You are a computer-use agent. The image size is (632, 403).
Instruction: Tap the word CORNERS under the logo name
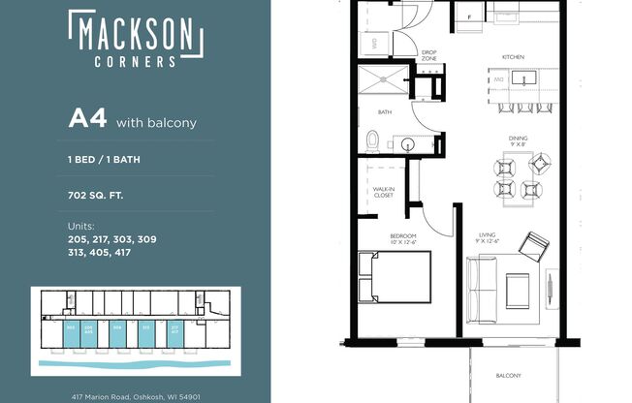[x=136, y=61]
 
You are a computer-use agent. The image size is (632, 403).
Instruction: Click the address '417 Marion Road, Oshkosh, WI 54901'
[x=135, y=396]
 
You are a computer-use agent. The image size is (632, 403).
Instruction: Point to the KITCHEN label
[x=513, y=57]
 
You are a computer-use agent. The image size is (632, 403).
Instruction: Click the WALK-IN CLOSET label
[x=384, y=192]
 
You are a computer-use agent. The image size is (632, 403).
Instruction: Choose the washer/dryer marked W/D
[x=375, y=44]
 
